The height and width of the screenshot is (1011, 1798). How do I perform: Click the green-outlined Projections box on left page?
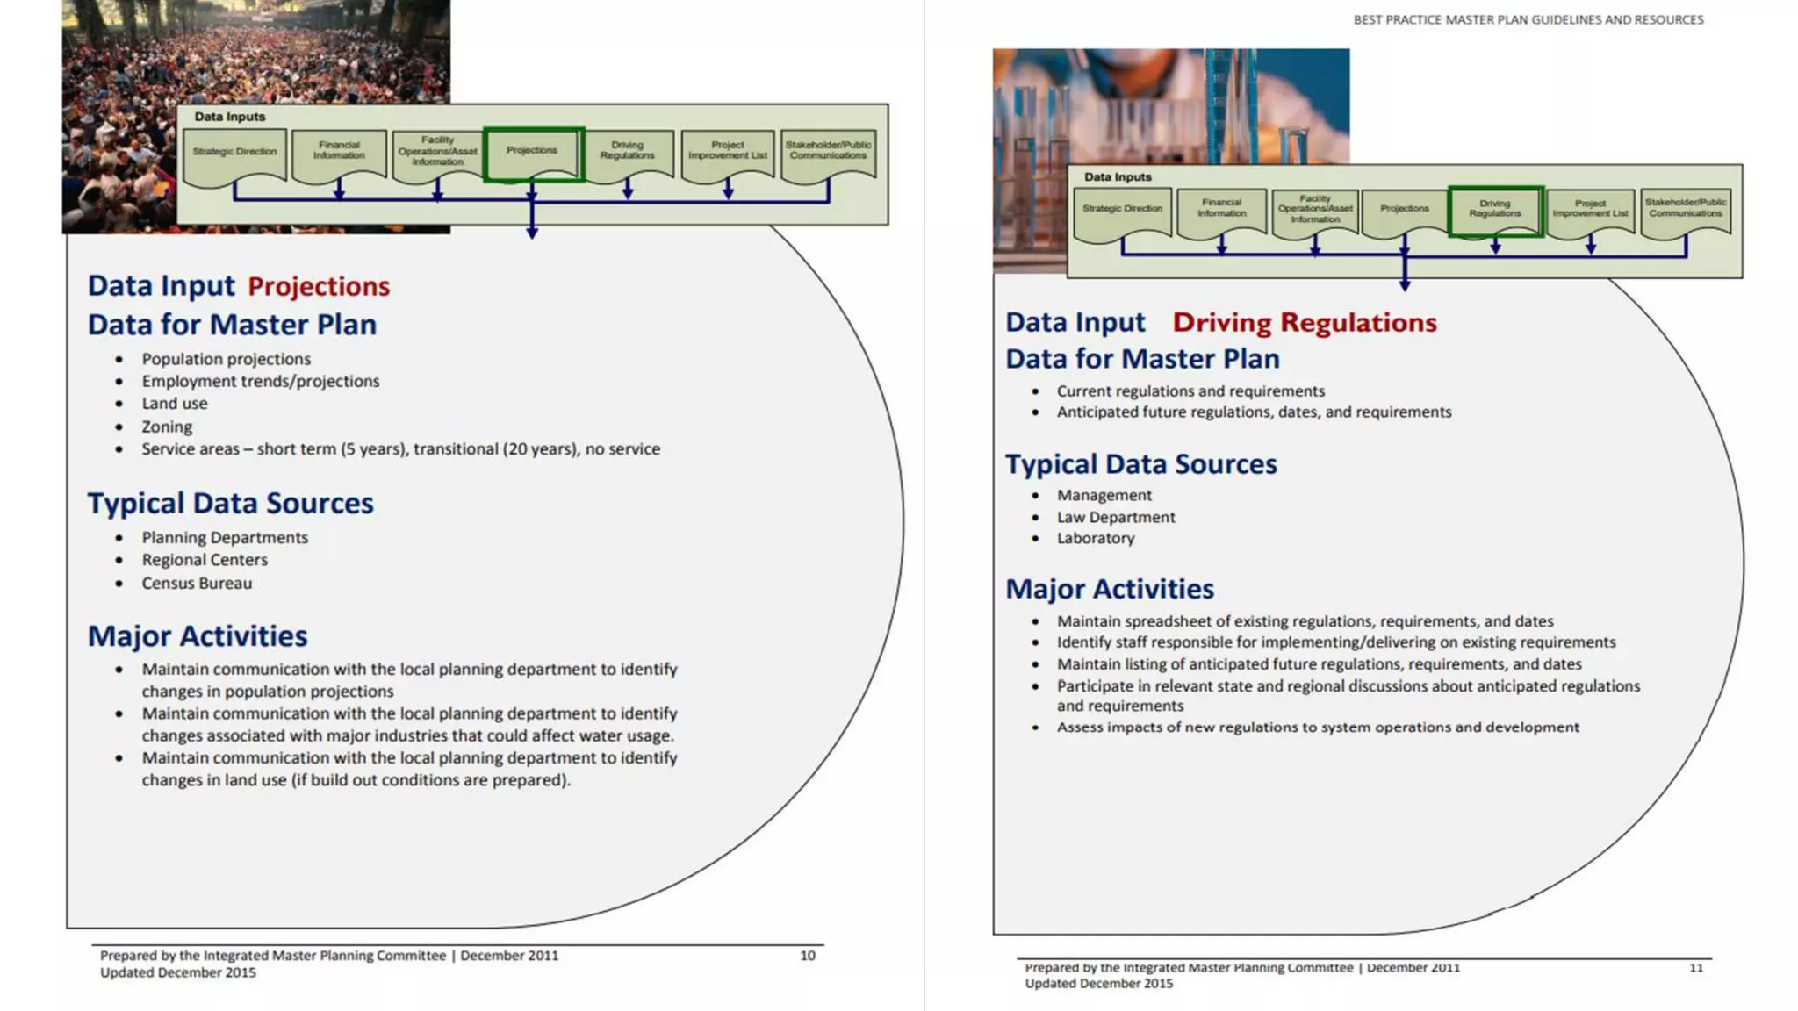(x=533, y=153)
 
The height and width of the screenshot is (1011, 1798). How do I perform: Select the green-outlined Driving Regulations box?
(x=1495, y=210)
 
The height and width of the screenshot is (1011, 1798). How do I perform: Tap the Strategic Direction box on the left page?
(x=234, y=154)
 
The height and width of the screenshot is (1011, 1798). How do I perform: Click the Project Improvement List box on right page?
(x=1590, y=210)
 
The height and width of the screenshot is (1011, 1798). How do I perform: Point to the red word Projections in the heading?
(x=319, y=287)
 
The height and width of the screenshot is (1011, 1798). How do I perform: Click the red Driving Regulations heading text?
(x=1305, y=323)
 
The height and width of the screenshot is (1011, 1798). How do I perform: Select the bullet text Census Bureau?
(x=197, y=584)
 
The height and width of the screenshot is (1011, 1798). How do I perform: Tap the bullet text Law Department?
(x=1115, y=518)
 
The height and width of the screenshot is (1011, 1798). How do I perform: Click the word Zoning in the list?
(x=167, y=427)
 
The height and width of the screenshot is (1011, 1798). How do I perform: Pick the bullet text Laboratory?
(x=1095, y=539)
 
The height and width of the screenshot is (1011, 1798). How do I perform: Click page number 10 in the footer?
(x=808, y=956)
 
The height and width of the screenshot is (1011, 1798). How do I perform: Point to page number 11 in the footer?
(x=1696, y=968)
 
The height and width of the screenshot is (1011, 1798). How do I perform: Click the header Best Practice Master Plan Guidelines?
(x=1528, y=20)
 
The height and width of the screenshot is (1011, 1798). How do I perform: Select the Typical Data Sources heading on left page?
(x=230, y=504)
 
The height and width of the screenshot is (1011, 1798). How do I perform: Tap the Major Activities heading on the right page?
(x=1110, y=589)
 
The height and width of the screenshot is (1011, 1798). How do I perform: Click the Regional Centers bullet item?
(x=205, y=560)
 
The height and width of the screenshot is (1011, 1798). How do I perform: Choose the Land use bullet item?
(x=175, y=404)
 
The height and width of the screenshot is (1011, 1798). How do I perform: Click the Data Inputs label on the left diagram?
(x=229, y=117)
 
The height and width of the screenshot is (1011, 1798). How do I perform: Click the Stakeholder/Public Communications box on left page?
(x=828, y=152)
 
